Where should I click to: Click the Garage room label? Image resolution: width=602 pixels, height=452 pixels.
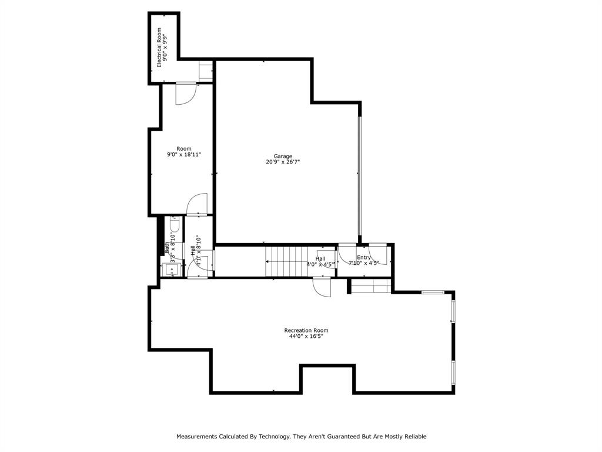point(283,156)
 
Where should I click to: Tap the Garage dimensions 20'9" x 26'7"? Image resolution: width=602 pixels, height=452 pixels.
point(283,162)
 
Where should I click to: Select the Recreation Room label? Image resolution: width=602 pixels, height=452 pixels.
point(306,330)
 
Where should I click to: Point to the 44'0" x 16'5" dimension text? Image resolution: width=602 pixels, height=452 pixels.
point(306,337)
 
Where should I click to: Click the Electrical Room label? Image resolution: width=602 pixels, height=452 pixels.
point(159,48)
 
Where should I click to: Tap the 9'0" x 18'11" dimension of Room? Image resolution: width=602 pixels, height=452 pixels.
point(184,155)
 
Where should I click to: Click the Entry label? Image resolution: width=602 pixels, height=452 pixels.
point(364,257)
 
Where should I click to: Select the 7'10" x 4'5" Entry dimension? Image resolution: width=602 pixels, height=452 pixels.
point(364,264)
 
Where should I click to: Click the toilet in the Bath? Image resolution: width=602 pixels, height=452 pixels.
point(175,224)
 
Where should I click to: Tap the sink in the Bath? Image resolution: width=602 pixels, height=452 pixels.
point(170,271)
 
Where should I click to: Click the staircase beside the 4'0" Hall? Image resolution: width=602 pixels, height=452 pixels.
point(286,261)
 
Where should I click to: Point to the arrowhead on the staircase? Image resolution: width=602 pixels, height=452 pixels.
point(268,261)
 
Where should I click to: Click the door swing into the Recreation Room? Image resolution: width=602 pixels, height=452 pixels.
point(322,287)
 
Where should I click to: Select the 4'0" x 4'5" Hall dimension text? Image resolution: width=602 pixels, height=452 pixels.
point(321,264)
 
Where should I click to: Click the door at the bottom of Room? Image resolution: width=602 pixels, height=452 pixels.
point(197,205)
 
